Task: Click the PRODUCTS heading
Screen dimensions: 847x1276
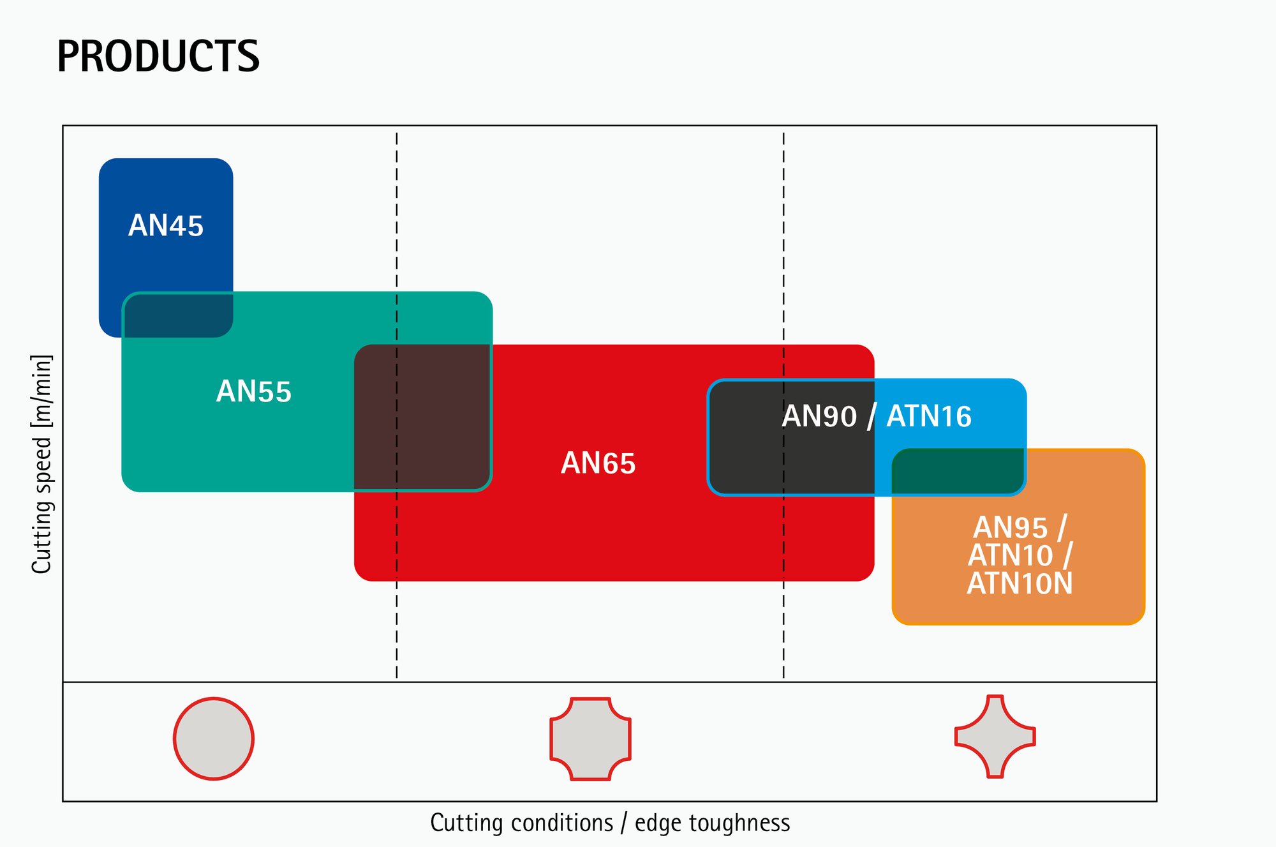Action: pos(158,56)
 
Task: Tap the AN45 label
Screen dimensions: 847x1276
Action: pos(166,226)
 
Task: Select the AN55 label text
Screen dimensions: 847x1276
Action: pos(253,391)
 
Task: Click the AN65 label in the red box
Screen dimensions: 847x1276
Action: pos(598,463)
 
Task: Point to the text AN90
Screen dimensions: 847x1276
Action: pos(819,417)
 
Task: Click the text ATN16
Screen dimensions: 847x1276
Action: pos(929,417)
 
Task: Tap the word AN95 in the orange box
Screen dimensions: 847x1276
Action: pos(1010,528)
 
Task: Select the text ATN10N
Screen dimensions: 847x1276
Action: pos(1020,583)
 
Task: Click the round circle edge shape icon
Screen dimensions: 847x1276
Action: pos(214,738)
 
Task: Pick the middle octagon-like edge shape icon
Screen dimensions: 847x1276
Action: pos(590,738)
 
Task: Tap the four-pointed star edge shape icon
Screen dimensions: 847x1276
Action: pos(995,737)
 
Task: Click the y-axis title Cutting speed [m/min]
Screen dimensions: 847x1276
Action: pos(41,464)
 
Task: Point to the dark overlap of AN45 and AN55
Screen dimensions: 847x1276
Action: pos(178,315)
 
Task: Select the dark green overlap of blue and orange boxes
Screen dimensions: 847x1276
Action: pos(958,471)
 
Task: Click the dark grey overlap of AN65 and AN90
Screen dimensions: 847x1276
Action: pos(791,460)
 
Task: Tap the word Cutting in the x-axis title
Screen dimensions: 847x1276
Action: pos(457,823)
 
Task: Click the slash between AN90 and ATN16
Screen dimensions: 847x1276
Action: pos(872,417)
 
